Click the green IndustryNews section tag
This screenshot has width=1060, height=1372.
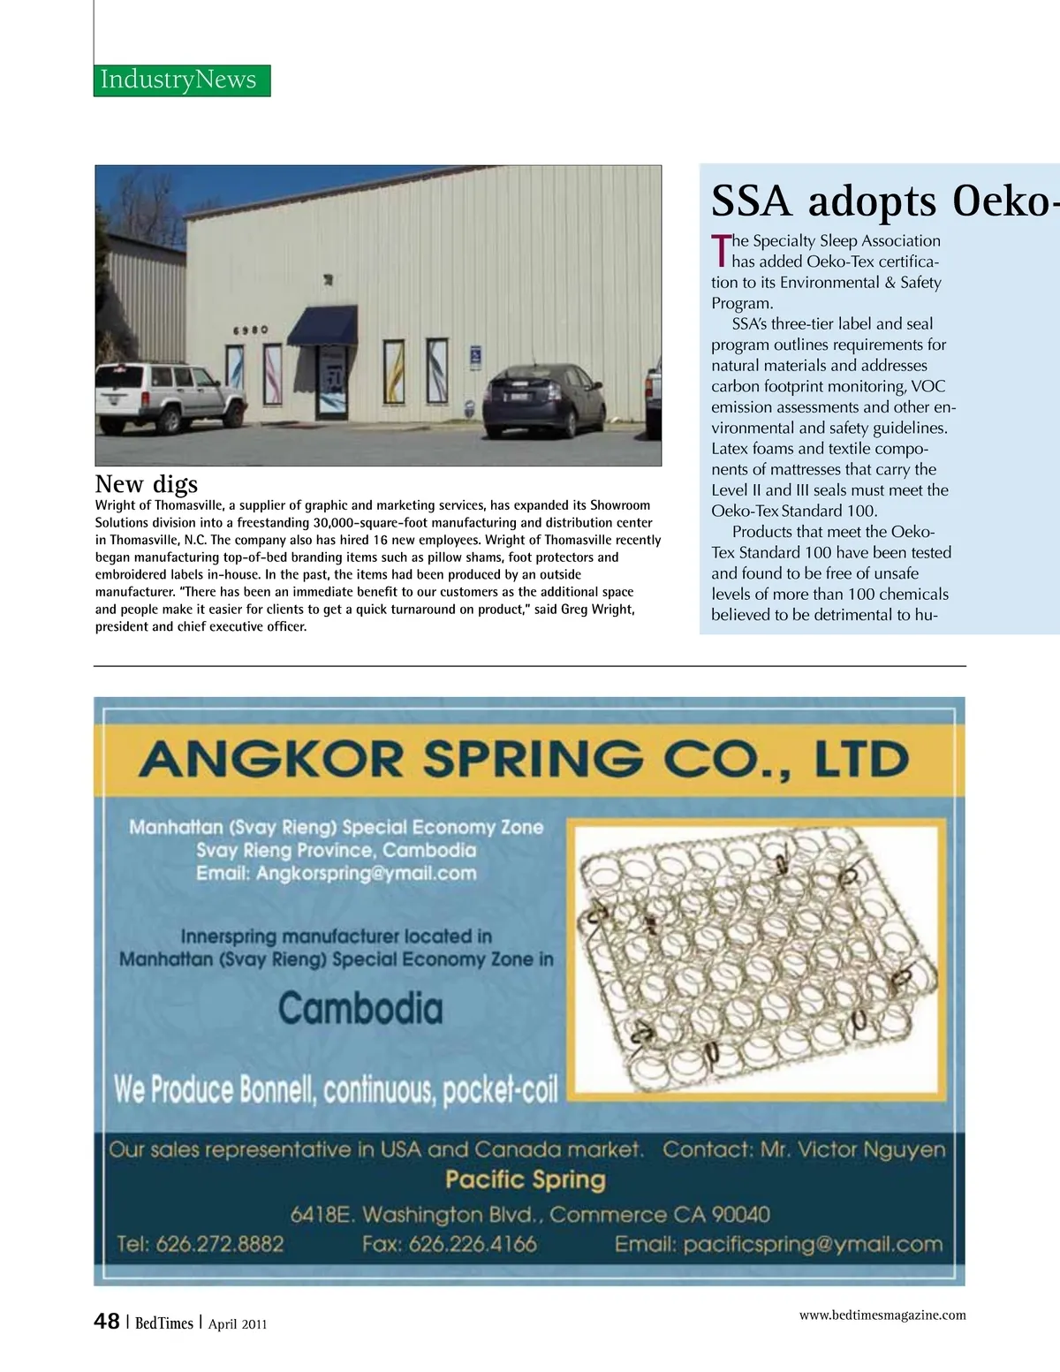click(181, 80)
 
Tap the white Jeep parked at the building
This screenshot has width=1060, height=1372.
click(170, 397)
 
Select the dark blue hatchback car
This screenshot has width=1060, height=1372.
click(544, 400)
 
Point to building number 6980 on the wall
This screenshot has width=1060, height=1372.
click(250, 330)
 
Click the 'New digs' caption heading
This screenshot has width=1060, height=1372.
click(147, 484)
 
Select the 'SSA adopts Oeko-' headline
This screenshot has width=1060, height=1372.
click(883, 201)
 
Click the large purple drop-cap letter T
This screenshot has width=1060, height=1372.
click(721, 250)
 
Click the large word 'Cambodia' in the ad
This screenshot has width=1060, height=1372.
click(360, 1009)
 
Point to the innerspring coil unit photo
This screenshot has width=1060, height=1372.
click(753, 959)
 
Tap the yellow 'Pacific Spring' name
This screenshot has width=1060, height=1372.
click(526, 1180)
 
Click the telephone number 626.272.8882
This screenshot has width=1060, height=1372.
click(219, 1245)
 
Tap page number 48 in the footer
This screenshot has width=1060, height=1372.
click(107, 1322)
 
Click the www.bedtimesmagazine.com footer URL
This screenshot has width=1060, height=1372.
click(882, 1315)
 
